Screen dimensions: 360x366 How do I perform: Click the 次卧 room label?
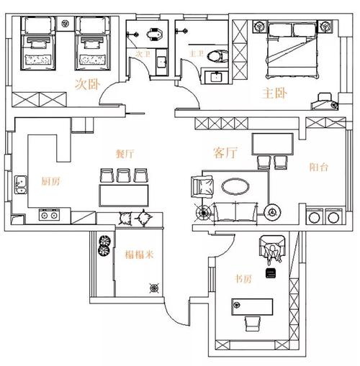pyautogui.click(x=87, y=84)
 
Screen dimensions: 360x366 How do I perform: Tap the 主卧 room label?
pyautogui.click(x=274, y=93)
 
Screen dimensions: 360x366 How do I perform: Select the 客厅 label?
pyautogui.click(x=225, y=152)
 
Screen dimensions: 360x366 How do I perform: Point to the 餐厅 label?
pyautogui.click(x=125, y=154)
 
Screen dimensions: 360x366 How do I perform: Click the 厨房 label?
pyautogui.click(x=50, y=181)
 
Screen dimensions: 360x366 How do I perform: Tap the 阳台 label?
pyautogui.click(x=319, y=167)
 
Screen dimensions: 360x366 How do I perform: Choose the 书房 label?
pyautogui.click(x=243, y=279)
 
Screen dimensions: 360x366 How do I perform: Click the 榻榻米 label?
pyautogui.click(x=139, y=255)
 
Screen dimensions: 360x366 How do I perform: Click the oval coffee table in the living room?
pyautogui.click(x=235, y=186)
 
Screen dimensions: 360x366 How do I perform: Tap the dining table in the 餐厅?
pyautogui.click(x=124, y=196)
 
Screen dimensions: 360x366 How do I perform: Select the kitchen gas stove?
pyautogui.click(x=49, y=215)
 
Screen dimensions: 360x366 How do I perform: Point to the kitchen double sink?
pyautogui.click(x=21, y=185)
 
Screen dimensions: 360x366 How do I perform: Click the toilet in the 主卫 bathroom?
pyautogui.click(x=217, y=57)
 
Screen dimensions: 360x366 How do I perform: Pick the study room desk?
pyautogui.click(x=252, y=307)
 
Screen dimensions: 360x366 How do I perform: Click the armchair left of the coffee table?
pyautogui.click(x=202, y=186)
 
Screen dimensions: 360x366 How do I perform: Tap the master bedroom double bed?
pyautogui.click(x=292, y=50)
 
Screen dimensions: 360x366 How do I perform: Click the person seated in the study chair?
pyautogui.click(x=272, y=253)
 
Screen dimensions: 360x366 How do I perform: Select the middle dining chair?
pyautogui.click(x=123, y=175)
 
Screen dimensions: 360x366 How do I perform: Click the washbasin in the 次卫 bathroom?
pyautogui.click(x=161, y=63)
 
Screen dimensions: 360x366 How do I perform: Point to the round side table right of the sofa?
pyautogui.click(x=272, y=212)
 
